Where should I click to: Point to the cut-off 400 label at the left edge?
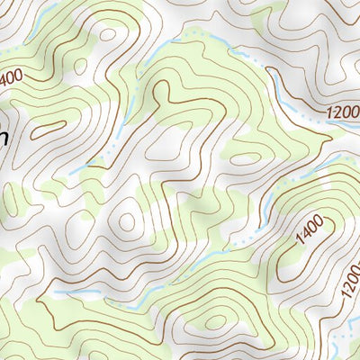pyautogui.click(x=10, y=79)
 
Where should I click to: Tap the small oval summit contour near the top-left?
pyautogui.click(x=108, y=36)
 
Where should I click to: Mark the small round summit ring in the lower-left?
pyautogui.click(x=126, y=220)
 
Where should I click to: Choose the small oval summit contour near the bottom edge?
pyautogui.click(x=216, y=321)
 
